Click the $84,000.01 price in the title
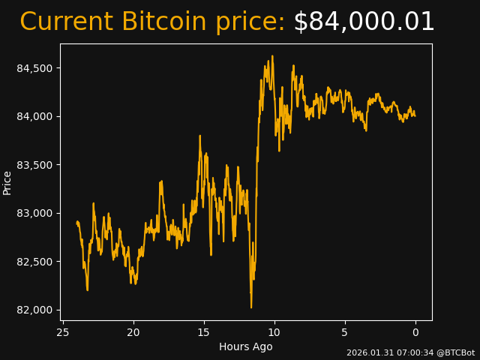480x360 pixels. pyautogui.click(x=364, y=22)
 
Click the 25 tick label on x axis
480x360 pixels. pyautogui.click(x=63, y=332)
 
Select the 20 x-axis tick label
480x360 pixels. pyautogui.click(x=133, y=332)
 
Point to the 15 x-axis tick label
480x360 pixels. pyautogui.click(x=204, y=332)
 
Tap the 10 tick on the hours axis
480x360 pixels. pyautogui.click(x=274, y=332)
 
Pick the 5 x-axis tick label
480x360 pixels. pyautogui.click(x=345, y=332)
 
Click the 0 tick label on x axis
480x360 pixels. pyautogui.click(x=415, y=332)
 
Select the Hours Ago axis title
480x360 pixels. pyautogui.click(x=245, y=346)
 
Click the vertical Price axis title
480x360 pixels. pyautogui.click(x=7, y=182)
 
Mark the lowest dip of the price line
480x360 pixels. pyautogui.click(x=251, y=307)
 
